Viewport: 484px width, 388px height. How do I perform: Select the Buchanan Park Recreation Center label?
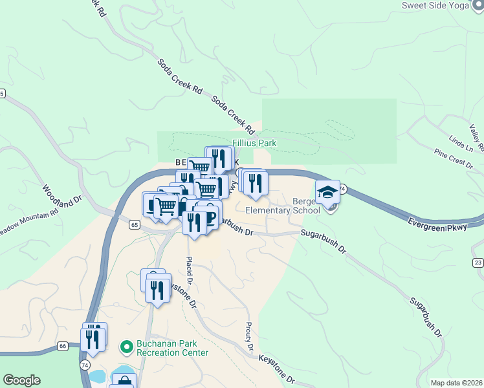click(172, 348)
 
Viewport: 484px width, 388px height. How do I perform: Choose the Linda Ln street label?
click(460, 144)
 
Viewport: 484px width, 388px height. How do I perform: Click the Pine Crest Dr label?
click(454, 158)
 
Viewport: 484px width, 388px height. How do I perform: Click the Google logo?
click(21, 380)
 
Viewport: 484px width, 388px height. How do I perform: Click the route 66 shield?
click(62, 346)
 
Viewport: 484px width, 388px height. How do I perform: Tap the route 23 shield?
click(478, 262)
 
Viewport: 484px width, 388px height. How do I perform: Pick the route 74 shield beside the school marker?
click(343, 189)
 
